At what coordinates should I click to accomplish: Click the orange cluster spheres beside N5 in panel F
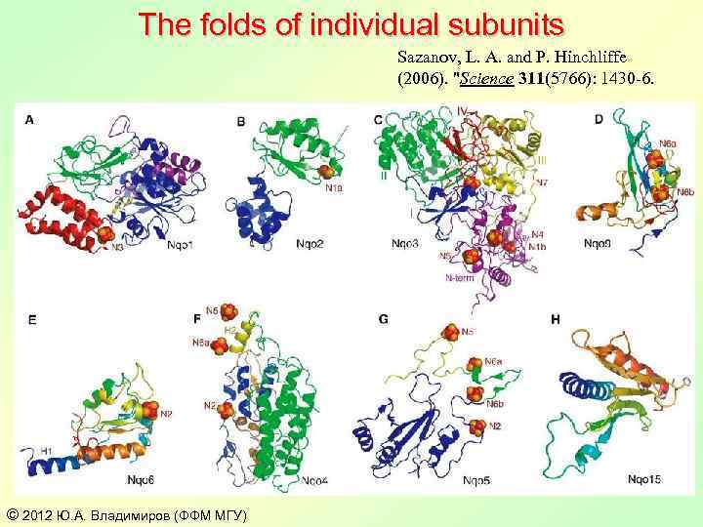(228, 312)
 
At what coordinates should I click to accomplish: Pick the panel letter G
(384, 319)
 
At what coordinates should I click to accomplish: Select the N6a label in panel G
(494, 363)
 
